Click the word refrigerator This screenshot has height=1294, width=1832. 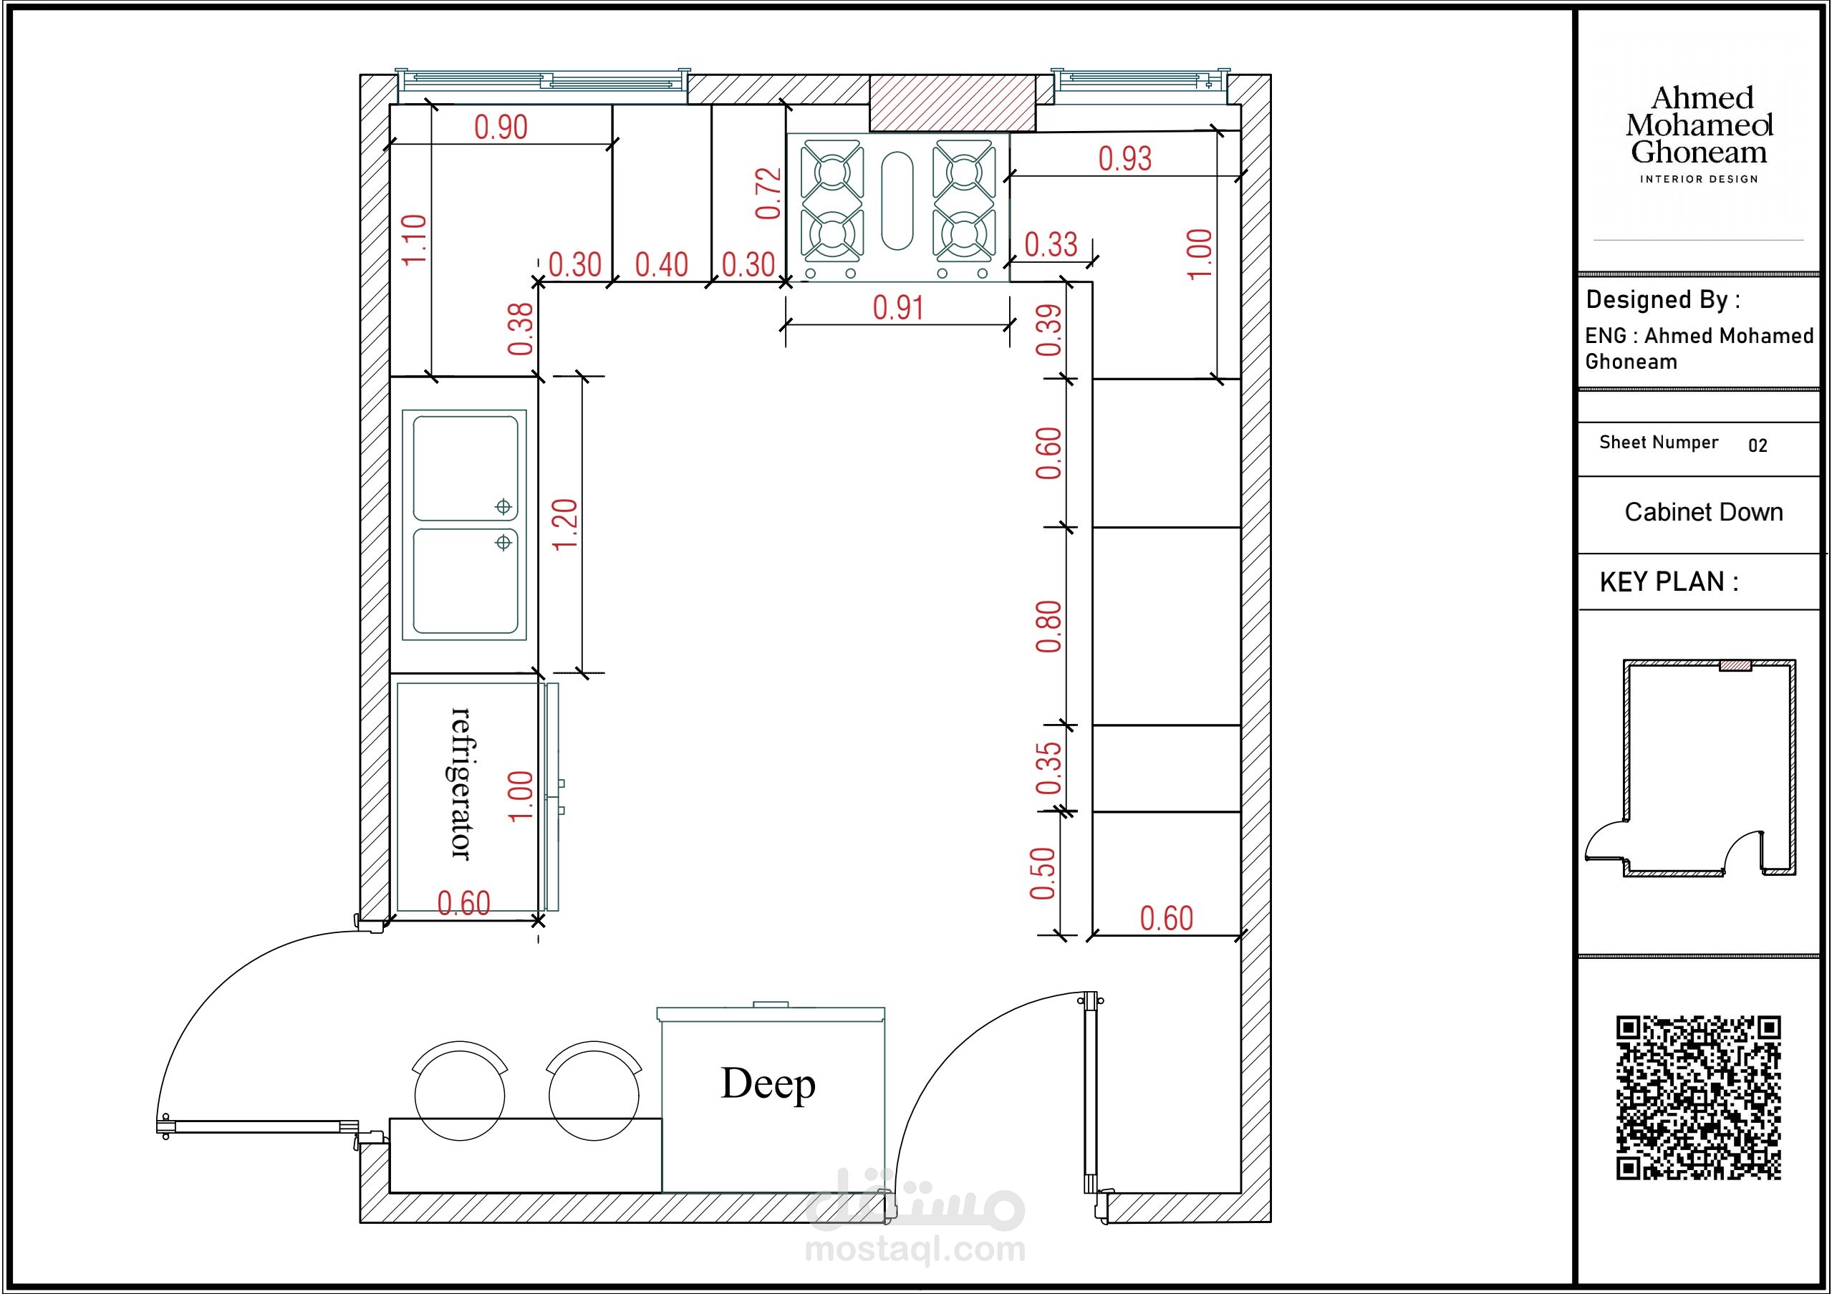(x=462, y=783)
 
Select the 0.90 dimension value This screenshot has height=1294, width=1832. (x=501, y=127)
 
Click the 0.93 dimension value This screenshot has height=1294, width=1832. (x=1125, y=159)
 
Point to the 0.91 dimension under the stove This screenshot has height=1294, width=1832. (x=897, y=308)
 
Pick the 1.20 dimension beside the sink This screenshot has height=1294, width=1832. (x=565, y=524)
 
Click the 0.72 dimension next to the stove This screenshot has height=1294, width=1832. (x=768, y=193)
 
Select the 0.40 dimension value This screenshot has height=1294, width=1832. (x=662, y=265)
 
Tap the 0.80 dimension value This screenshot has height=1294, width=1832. (x=1048, y=627)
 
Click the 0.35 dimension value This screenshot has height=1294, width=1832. (x=1048, y=768)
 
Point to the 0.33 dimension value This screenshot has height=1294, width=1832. (x=1051, y=245)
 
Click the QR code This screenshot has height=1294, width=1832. (x=1699, y=1097)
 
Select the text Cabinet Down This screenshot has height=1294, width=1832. (x=1704, y=512)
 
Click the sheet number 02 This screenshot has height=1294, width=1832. (x=1758, y=446)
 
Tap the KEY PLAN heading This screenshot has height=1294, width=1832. (x=1669, y=582)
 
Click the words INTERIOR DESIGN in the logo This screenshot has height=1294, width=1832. (x=1699, y=180)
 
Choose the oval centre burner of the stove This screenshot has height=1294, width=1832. (x=897, y=201)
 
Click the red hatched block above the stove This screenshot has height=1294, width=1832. (x=953, y=103)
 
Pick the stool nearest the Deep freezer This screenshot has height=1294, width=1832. (x=594, y=1091)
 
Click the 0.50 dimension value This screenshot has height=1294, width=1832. (x=1042, y=874)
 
